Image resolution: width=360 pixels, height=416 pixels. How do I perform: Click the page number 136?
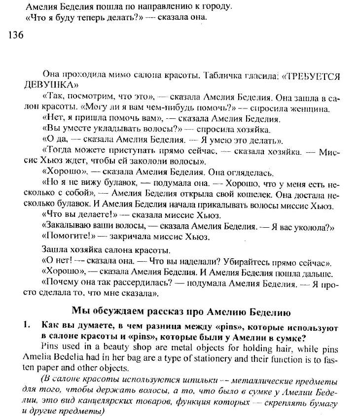[17, 35]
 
